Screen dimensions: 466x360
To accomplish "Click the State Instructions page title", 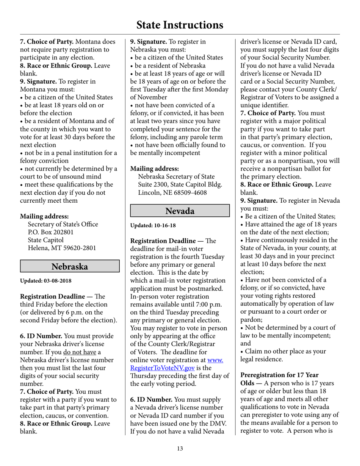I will [x=180, y=25].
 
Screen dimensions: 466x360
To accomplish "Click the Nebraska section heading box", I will [x=70, y=266].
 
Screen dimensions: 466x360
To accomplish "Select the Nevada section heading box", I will [x=180, y=211].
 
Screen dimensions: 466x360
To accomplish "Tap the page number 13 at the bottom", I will [x=180, y=449].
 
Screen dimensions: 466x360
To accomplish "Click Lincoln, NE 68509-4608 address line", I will [x=172, y=192].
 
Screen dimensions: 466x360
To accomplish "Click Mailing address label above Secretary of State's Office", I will [x=44, y=216].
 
